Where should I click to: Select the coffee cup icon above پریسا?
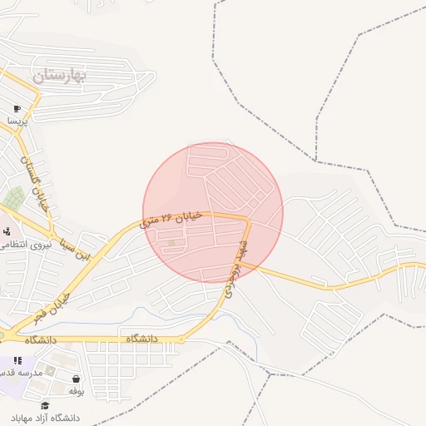pyautogui.click(x=17, y=109)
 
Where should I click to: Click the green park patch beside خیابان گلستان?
pyautogui.click(x=13, y=198)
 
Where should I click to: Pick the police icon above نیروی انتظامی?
pyautogui.click(x=6, y=231)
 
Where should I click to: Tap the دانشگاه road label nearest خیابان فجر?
pyautogui.click(x=40, y=339)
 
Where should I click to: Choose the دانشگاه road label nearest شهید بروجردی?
pyautogui.click(x=142, y=339)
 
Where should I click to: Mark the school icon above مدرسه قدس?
pyautogui.click(x=18, y=360)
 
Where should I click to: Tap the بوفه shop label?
pyautogui.click(x=77, y=390)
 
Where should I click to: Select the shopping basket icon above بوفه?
pyautogui.click(x=76, y=379)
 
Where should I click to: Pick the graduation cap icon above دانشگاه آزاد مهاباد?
pyautogui.click(x=45, y=405)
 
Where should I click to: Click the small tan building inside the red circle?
pyautogui.click(x=172, y=243)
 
